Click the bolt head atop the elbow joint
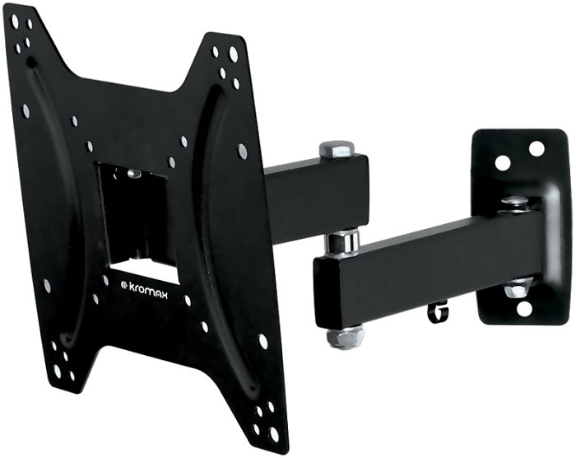(x=336, y=149)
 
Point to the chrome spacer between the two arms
(x=341, y=242)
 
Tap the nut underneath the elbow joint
(x=345, y=337)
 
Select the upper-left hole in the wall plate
(x=502, y=162)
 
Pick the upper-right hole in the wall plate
(x=537, y=149)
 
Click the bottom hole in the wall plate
(x=524, y=309)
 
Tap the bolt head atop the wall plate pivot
(x=515, y=200)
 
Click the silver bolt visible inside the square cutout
(x=132, y=175)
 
